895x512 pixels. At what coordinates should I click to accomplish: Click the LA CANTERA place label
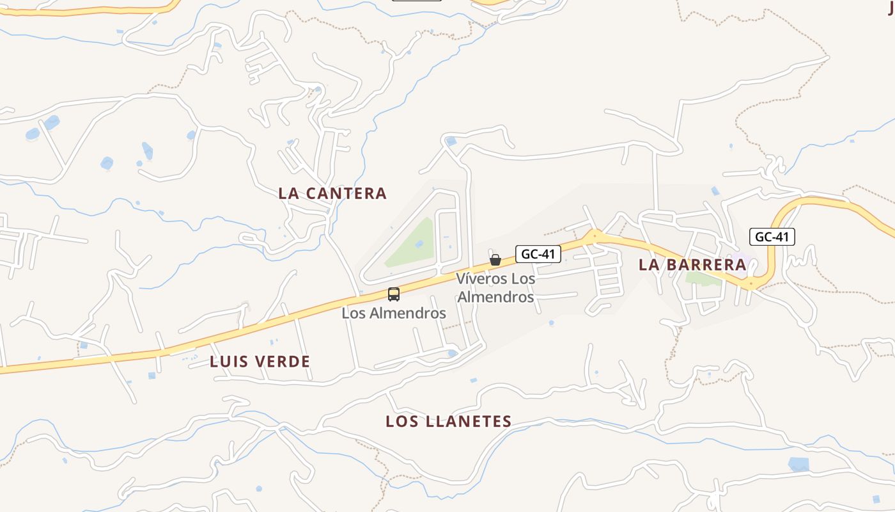click(332, 193)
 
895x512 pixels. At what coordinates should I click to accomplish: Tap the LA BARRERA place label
click(692, 264)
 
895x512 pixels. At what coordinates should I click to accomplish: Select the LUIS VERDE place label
click(260, 362)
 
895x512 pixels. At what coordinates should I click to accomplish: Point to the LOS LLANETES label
click(448, 421)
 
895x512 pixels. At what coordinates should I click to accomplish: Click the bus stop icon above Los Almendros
click(394, 294)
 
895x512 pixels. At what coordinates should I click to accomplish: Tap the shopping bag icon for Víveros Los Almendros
click(495, 260)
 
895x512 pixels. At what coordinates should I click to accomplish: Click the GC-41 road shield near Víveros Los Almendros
click(538, 254)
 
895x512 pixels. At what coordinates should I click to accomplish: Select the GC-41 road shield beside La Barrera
click(772, 237)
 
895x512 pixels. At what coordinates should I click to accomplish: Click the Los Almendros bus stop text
click(394, 314)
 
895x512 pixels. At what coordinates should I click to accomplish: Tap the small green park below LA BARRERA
click(702, 279)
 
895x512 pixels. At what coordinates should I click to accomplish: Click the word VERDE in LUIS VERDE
click(283, 362)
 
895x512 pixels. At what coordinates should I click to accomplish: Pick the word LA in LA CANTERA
click(287, 193)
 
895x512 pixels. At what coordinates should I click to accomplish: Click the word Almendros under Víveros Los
click(495, 297)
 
